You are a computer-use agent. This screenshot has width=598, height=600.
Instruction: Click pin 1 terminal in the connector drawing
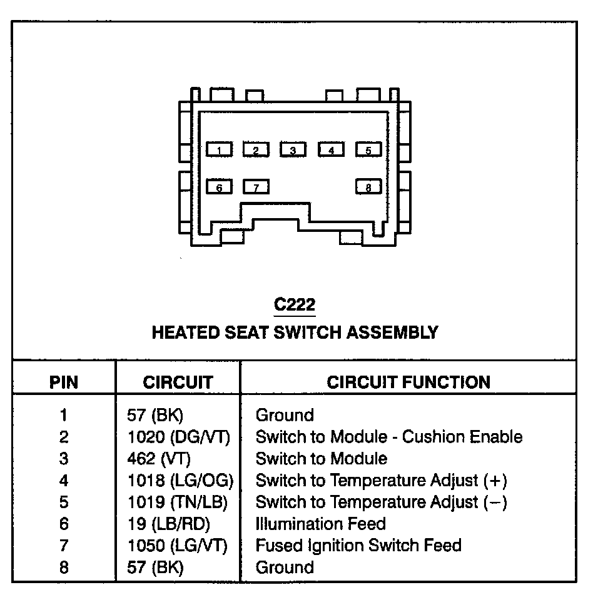click(x=219, y=150)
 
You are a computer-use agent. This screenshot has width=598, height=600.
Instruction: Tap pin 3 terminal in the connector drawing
click(x=293, y=150)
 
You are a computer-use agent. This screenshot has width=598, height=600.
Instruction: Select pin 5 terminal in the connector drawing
click(x=368, y=150)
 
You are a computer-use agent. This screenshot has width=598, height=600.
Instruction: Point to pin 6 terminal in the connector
click(x=219, y=187)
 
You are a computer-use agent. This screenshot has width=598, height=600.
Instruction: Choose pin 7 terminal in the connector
click(x=256, y=187)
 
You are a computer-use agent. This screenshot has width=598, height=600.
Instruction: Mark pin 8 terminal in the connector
click(x=368, y=187)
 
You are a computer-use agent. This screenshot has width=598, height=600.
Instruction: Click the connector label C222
click(x=295, y=305)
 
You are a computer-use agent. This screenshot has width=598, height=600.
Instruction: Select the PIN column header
click(x=64, y=382)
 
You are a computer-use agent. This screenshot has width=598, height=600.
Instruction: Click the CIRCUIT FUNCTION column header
click(x=408, y=382)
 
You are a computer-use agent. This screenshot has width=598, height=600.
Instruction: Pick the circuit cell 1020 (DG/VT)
click(x=178, y=437)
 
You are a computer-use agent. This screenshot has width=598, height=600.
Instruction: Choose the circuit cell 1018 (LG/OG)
click(x=180, y=481)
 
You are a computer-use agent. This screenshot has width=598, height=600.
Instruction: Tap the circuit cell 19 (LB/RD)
click(x=169, y=524)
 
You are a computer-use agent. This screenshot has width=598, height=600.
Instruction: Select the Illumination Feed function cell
click(x=320, y=524)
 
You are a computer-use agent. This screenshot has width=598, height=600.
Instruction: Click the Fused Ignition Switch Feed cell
click(x=358, y=546)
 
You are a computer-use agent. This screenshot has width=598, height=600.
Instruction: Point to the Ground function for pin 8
click(x=285, y=567)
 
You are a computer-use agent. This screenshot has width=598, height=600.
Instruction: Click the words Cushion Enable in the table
click(x=462, y=437)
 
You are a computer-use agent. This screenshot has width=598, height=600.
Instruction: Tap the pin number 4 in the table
click(x=64, y=481)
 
